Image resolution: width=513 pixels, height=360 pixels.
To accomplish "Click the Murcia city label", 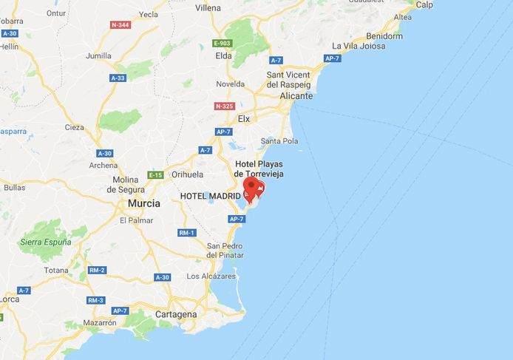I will [145, 203].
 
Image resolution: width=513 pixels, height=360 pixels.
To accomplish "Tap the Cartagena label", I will [176, 314].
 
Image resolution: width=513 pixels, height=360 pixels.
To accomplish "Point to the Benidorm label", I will [384, 35].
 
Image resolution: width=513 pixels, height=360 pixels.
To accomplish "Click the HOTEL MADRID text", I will [210, 195].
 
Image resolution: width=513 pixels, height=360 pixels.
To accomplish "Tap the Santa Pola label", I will [279, 141].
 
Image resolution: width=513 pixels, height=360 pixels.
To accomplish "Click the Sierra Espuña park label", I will [46, 242].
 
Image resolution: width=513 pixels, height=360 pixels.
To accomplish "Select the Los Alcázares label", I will [211, 276].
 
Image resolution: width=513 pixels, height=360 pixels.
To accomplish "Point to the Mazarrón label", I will [100, 322].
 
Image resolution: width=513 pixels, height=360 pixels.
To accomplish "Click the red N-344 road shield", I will [120, 25].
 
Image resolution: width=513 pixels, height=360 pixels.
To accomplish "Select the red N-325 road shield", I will [225, 106].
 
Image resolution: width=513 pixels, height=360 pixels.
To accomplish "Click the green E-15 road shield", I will [155, 175].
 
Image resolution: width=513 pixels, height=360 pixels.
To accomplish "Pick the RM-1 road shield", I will [187, 233].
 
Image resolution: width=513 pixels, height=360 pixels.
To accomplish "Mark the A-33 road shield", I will [118, 78].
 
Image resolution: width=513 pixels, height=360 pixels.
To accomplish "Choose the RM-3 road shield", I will [95, 300].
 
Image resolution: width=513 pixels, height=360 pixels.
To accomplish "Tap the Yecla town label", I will [149, 14].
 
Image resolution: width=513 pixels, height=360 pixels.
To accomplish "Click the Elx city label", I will [244, 118].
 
